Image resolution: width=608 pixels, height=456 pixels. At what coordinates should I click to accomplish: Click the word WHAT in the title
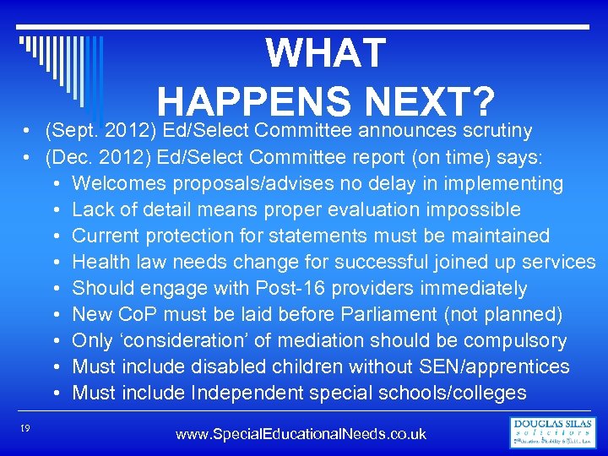[x=326, y=54]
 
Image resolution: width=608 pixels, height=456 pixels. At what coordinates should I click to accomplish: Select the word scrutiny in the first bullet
[x=497, y=130]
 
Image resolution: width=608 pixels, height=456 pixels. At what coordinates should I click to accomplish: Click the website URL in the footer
[x=301, y=434]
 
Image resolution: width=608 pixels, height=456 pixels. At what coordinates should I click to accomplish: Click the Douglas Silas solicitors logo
[x=553, y=432]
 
